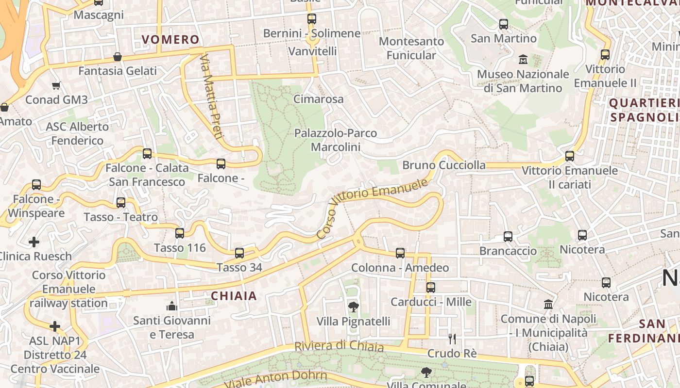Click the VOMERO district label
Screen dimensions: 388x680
coord(170,39)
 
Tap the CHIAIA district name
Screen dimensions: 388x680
coord(234,296)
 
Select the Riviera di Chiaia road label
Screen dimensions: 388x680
coord(339,346)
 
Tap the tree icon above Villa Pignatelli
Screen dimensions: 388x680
coord(354,307)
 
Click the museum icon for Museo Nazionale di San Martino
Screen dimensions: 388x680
coord(523,60)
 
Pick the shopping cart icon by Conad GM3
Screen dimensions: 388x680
coord(56,86)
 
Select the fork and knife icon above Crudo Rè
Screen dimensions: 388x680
coord(452,339)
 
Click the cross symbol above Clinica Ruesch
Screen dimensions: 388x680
coord(34,242)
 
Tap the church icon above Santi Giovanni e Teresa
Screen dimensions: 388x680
coord(171,306)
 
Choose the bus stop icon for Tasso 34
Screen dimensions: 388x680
coord(239,253)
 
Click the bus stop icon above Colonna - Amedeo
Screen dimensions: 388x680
coord(400,253)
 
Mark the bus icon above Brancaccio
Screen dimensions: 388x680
coord(508,237)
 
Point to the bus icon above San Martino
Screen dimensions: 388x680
coord(504,24)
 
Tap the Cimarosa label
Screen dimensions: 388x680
coord(319,99)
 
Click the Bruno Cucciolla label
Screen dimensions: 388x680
coord(444,165)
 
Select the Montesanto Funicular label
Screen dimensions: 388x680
coord(411,48)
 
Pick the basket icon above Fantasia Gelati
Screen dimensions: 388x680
coord(117,57)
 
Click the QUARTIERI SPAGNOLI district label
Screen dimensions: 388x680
coord(644,110)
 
